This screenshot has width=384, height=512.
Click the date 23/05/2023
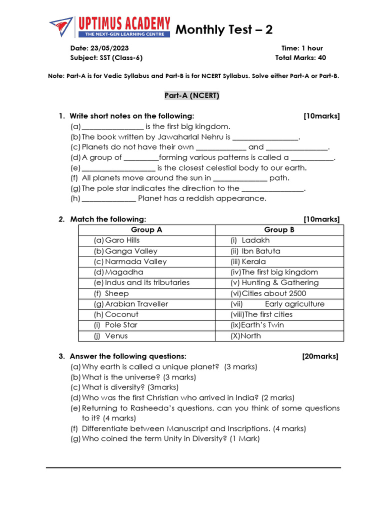pos(109,48)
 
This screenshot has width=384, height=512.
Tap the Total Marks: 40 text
pos(300,57)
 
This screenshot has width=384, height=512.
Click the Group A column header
pos(146,230)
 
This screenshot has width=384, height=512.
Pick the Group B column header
pos(279,230)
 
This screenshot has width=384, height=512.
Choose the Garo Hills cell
pos(122,240)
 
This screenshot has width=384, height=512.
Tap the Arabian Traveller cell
pos(136,304)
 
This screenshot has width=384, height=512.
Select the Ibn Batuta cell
pos(260,251)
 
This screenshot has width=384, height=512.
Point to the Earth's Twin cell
pos(262,325)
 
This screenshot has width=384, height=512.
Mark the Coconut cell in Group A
pos(121,314)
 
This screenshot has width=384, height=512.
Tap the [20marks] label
pos(320,356)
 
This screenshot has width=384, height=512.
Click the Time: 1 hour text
pos(302,48)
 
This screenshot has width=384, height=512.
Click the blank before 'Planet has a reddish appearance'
pos(108,198)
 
